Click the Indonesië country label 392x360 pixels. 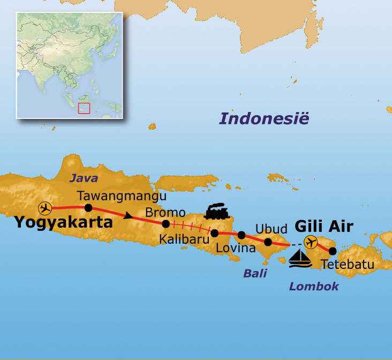click(x=264, y=119)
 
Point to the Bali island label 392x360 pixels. click(x=255, y=274)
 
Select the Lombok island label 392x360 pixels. click(x=314, y=287)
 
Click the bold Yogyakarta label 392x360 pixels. click(x=63, y=222)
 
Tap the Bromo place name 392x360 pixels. click(x=165, y=213)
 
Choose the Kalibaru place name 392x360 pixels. click(x=184, y=239)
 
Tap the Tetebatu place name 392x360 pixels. click(x=348, y=264)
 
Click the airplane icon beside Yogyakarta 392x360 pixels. click(x=45, y=208)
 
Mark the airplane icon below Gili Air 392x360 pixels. click(x=310, y=242)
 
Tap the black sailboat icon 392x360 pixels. click(x=300, y=257)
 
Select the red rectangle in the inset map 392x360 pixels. click(x=84, y=108)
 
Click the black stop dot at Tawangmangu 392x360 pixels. click(x=88, y=208)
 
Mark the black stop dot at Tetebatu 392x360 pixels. click(x=333, y=251)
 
